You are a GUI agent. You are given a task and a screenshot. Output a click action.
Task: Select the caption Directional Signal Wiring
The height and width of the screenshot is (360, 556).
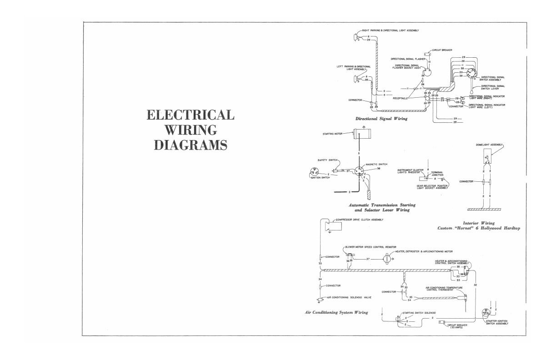(x=381, y=119)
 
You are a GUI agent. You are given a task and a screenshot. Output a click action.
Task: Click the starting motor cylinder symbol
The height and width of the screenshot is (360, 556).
(x=362, y=134)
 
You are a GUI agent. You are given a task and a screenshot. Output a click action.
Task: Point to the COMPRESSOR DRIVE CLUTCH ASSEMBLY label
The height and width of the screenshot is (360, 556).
(x=359, y=220)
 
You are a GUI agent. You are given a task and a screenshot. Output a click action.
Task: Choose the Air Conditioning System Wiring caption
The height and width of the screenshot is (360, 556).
(x=336, y=313)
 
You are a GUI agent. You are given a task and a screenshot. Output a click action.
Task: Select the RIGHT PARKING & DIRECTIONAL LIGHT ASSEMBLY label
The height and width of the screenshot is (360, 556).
(x=390, y=30)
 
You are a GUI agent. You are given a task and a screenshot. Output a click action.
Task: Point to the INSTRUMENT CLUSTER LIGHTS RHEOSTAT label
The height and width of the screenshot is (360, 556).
(x=410, y=171)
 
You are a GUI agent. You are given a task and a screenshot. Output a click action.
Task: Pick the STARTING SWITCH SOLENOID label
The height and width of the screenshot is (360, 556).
(x=419, y=313)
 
